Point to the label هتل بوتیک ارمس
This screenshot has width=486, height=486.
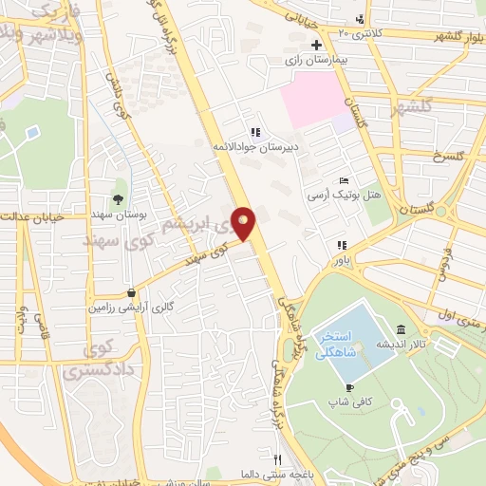(343, 195)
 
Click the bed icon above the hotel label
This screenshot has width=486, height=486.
(344, 180)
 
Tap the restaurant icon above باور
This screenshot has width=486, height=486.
(338, 243)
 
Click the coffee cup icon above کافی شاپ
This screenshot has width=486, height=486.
(349, 387)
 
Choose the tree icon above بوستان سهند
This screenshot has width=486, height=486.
(118, 199)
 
